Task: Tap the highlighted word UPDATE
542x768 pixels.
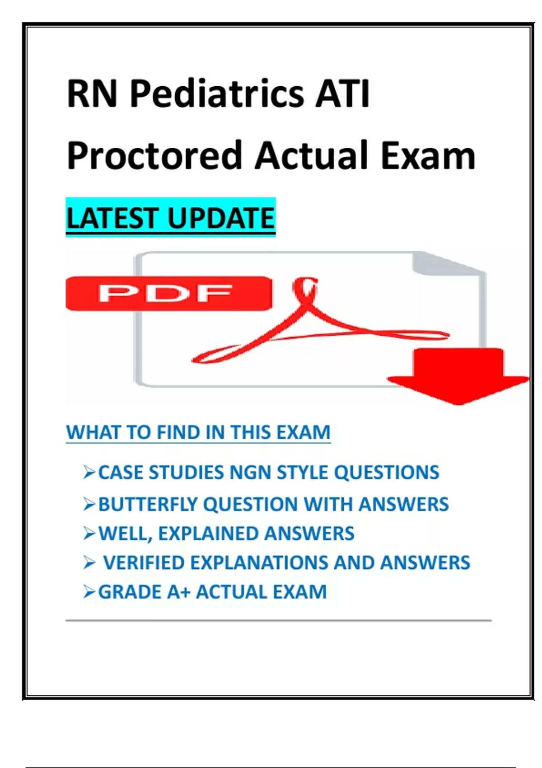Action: pyautogui.click(x=221, y=218)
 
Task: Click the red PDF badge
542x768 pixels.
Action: pyautogui.click(x=168, y=294)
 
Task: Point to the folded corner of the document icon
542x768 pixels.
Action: pyautogui.click(x=446, y=263)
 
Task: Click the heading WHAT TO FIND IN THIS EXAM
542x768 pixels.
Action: pyautogui.click(x=198, y=432)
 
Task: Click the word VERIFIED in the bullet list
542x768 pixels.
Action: pyautogui.click(x=144, y=562)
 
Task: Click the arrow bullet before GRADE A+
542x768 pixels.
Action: pyautogui.click(x=89, y=592)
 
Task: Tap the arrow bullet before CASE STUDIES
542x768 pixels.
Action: pyautogui.click(x=89, y=472)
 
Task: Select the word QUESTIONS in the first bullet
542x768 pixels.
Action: pyautogui.click(x=387, y=472)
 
